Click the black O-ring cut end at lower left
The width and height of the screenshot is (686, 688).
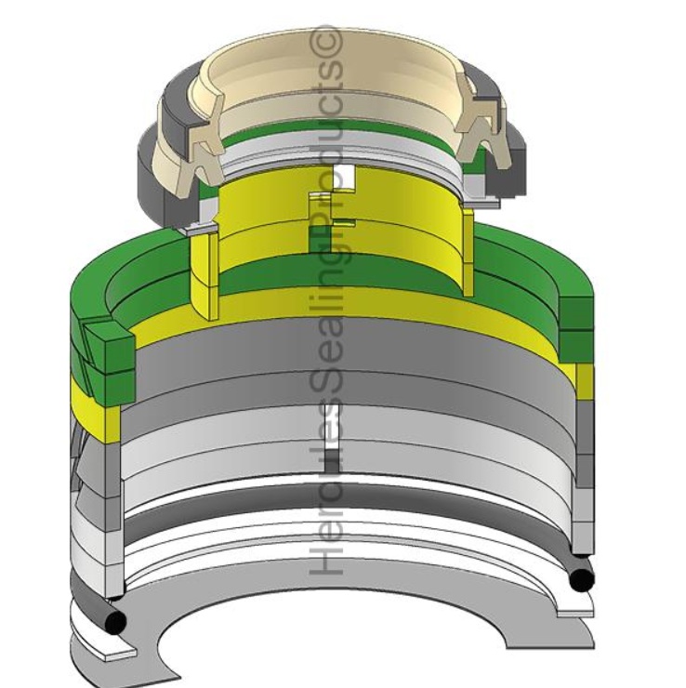click(x=115, y=620)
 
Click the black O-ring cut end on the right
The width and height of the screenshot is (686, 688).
click(x=581, y=579)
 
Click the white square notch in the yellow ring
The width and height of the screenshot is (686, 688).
click(x=343, y=178)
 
